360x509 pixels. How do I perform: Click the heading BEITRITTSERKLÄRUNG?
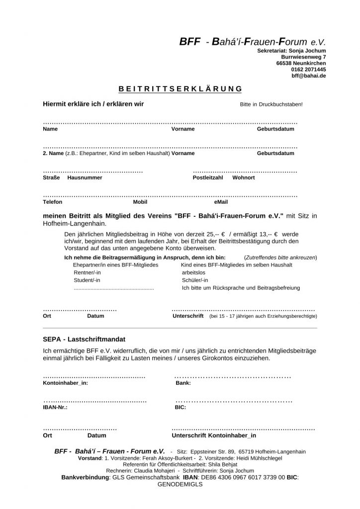180,89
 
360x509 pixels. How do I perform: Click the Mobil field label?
140,202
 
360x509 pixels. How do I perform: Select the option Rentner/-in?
87,272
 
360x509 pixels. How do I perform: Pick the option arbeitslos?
193,272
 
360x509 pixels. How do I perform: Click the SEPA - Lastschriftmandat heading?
82,339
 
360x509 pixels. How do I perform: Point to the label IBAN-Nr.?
55,407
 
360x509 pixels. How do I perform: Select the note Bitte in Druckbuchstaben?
271,105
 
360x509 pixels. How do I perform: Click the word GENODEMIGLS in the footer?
180,484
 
